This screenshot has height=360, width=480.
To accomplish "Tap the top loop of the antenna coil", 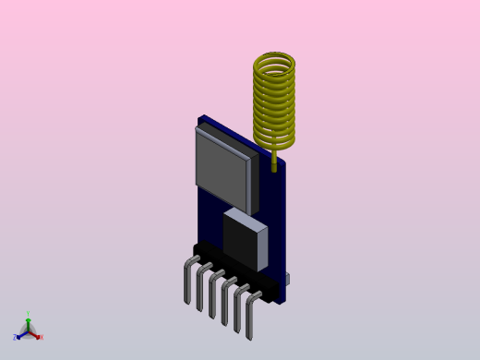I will pos(274,62).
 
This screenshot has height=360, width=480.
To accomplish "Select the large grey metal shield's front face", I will pos(222,169).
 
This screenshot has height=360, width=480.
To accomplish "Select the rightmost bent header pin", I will pos(249,322).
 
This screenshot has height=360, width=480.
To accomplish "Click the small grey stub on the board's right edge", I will pos(288,278).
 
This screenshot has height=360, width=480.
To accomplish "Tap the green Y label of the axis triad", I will pos(28,315).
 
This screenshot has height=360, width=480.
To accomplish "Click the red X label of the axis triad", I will pos(41,337).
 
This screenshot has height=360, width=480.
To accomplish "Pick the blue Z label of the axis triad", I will pos(15,338).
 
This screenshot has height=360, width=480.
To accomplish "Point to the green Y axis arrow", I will pos(28,323).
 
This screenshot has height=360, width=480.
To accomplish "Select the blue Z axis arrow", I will pos(20,334).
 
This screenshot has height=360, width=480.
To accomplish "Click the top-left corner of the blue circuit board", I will pos(200,117).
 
